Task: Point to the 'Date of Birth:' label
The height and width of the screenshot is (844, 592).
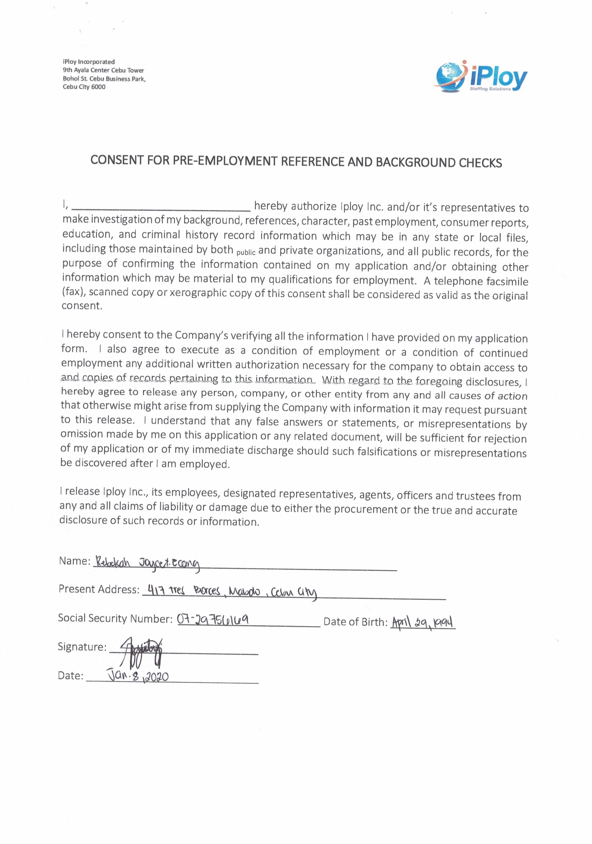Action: [355, 622]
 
